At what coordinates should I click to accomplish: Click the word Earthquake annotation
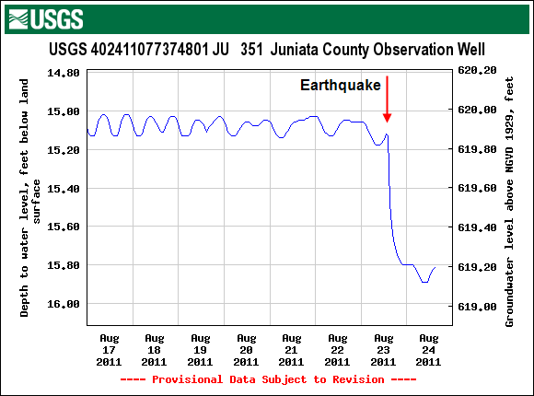point(341,85)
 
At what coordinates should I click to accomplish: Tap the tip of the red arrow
point(388,121)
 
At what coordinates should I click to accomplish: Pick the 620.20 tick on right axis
point(478,71)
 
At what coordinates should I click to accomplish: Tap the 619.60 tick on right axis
point(478,188)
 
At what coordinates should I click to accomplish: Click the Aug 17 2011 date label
point(109,351)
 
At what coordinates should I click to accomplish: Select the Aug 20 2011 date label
point(246,351)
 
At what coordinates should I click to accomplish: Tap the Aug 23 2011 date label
point(384,351)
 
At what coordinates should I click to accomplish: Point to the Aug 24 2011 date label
point(429,351)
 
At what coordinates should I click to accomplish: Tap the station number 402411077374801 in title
point(148,49)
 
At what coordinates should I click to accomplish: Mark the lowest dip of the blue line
point(424,282)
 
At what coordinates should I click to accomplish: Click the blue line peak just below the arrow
point(388,134)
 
